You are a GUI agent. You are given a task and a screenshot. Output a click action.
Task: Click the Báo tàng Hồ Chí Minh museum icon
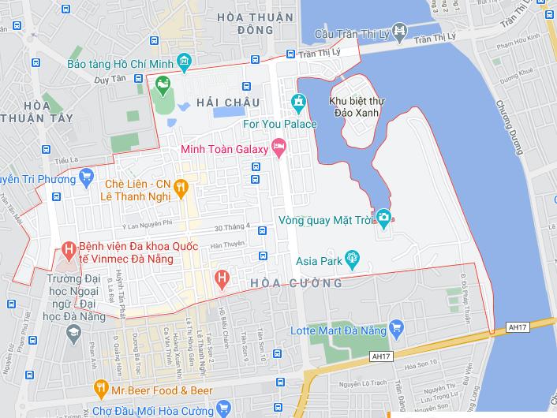[185, 61]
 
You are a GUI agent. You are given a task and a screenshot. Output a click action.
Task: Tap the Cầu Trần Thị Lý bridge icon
[400, 33]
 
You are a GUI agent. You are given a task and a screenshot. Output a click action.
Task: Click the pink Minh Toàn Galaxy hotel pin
[278, 147]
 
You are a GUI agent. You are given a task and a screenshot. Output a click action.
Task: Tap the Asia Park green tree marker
[353, 256]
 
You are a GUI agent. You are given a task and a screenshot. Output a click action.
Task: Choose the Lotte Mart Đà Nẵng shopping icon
[397, 327]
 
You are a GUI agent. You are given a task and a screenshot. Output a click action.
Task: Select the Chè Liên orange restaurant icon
[181, 186]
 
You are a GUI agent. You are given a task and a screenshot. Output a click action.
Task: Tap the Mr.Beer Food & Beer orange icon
[100, 387]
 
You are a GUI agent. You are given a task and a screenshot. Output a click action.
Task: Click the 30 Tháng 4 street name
[237, 226]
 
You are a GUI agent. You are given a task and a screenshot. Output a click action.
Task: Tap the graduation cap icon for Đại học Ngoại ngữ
[73, 334]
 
